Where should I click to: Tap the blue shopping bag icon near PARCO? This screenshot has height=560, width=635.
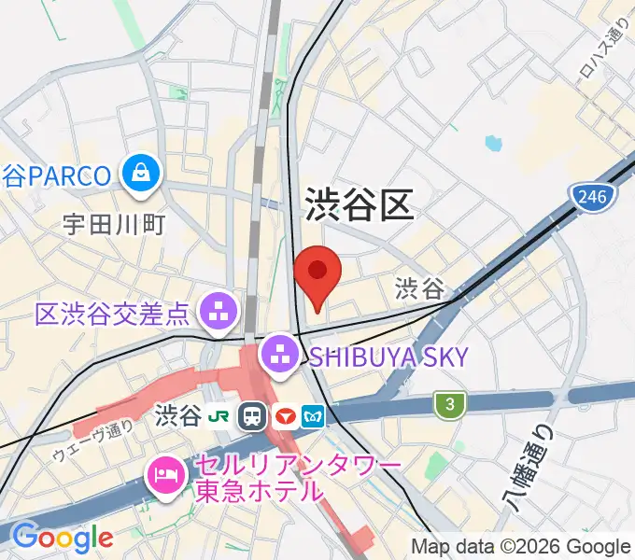pos(144,173)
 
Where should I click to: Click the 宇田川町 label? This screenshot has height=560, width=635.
pos(114,224)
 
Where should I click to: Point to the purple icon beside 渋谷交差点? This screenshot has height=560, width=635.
pos(220,311)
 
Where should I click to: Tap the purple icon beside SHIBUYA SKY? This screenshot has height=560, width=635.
pos(279,354)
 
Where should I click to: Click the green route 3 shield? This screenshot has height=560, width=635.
pos(450,404)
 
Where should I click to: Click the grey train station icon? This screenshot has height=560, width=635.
pos(252,416)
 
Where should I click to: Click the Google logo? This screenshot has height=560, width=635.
pos(62,537)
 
